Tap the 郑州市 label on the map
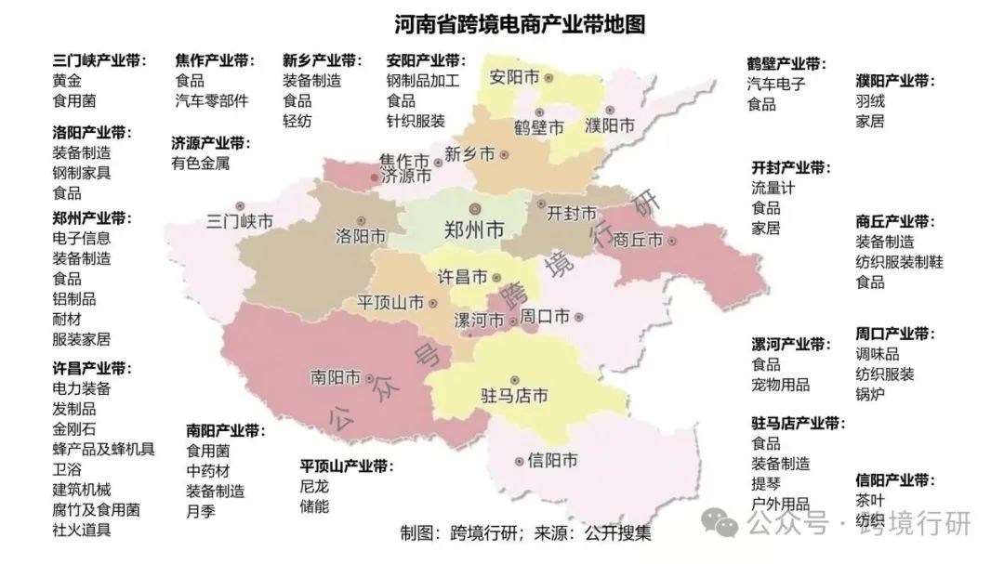[x=475, y=229]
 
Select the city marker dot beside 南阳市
[x=371, y=378]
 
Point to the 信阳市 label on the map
[x=552, y=460]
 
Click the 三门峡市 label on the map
[x=239, y=222]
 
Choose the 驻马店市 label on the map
[x=514, y=395]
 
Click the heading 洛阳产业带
[x=92, y=132]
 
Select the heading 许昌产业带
[x=92, y=368]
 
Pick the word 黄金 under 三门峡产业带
[x=67, y=80]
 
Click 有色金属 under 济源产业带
[x=200, y=164]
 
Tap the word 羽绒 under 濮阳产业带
[x=870, y=100]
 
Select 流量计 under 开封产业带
[x=773, y=188]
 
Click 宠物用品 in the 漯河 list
[x=781, y=385]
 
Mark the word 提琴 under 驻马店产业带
[x=766, y=484]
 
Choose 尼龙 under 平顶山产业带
[x=314, y=486]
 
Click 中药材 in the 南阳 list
[x=208, y=470]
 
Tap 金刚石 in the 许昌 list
[x=74, y=429]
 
